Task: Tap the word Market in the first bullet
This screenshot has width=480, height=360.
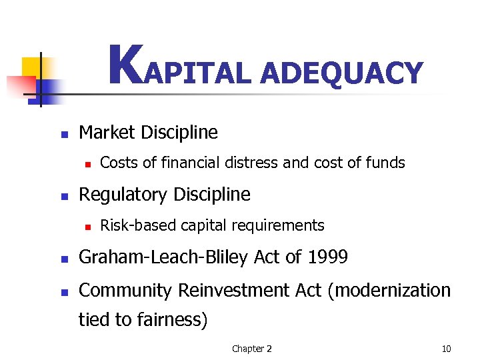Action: coord(107,133)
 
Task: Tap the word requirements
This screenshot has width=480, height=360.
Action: coord(283,226)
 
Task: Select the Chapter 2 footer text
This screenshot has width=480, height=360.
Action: coord(251,349)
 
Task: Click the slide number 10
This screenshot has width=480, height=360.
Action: coord(446,349)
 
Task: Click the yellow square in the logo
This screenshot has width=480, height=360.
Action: coord(31,67)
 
